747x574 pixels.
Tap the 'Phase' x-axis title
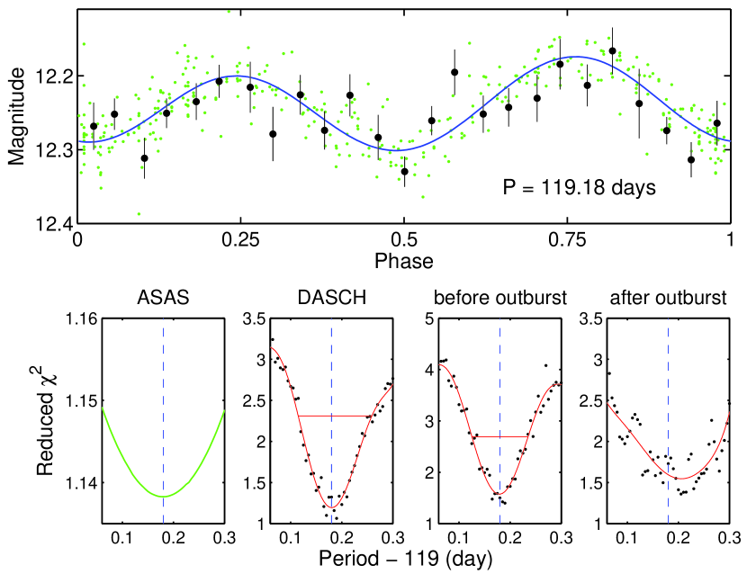tap(404, 262)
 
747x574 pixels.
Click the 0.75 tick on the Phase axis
tap(567, 240)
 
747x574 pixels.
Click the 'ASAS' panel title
tap(163, 298)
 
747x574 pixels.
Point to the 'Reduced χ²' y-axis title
tap(47, 420)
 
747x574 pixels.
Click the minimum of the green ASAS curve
tap(163, 496)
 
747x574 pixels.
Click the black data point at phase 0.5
tap(405, 171)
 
